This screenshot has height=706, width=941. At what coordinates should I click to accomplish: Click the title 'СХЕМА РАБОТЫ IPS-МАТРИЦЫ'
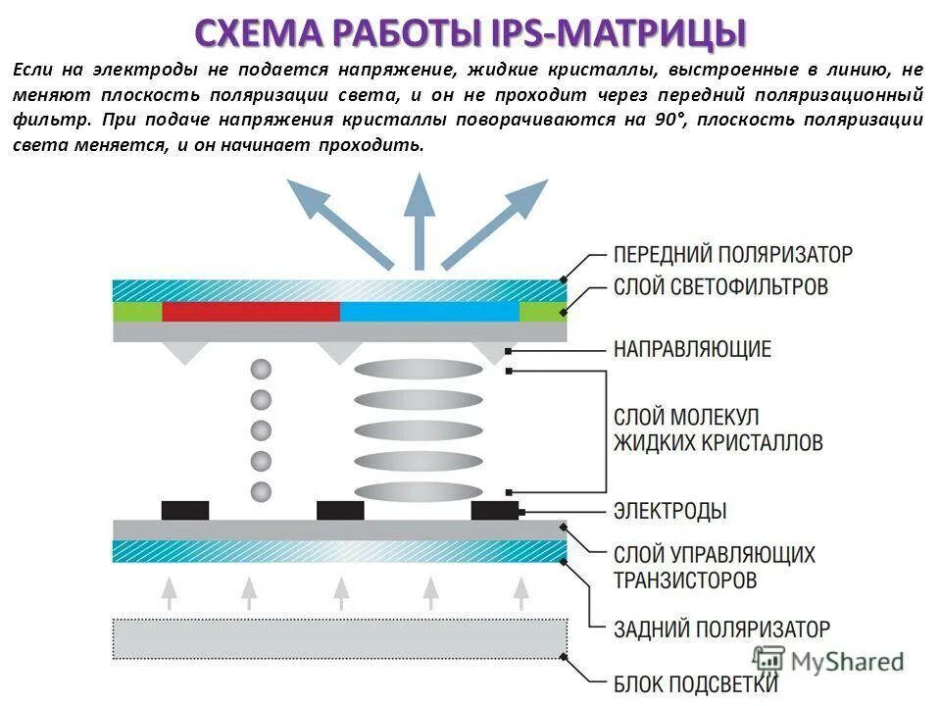click(470, 33)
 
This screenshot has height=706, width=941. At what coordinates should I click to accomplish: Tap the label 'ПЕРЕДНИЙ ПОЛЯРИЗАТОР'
click(733, 254)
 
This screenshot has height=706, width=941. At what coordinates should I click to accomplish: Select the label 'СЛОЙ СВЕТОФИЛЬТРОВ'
click(721, 286)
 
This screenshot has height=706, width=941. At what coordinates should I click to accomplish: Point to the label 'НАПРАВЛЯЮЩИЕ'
click(692, 348)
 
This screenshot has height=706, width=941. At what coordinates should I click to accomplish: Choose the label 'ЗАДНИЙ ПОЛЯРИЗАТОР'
click(721, 629)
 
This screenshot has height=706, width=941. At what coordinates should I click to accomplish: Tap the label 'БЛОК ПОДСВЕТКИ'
click(696, 683)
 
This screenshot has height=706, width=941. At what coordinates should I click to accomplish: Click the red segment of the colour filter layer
click(251, 312)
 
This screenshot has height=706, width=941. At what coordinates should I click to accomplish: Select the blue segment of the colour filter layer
click(429, 312)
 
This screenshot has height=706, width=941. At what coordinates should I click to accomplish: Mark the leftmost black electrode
click(185, 510)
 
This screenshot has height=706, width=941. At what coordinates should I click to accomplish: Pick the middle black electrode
click(340, 510)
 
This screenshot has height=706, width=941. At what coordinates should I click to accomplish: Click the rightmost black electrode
click(495, 510)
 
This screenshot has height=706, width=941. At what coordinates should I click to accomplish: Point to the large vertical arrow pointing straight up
click(420, 221)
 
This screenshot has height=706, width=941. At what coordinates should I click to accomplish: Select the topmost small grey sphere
click(261, 370)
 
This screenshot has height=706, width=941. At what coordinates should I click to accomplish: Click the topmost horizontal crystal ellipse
click(419, 370)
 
